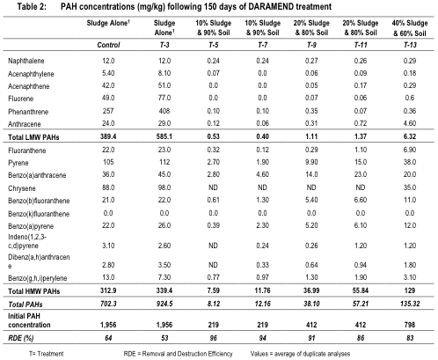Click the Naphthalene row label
(x=26, y=61)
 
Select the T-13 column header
(x=410, y=45)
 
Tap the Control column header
(x=108, y=45)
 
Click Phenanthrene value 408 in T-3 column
(x=164, y=111)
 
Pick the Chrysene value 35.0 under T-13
(x=410, y=187)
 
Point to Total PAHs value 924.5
(x=164, y=304)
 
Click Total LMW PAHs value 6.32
(x=410, y=136)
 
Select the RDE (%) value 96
(x=214, y=338)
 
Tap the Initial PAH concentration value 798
(x=410, y=325)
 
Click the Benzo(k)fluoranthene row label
(x=39, y=214)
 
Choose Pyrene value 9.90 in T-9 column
(x=311, y=162)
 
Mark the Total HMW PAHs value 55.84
(x=361, y=290)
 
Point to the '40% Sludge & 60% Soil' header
(x=410, y=28)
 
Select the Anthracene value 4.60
(x=410, y=123)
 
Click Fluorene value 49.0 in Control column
(x=108, y=98)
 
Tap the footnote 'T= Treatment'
(x=47, y=354)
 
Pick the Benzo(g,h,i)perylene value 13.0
(x=108, y=277)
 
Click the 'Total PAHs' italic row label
(x=26, y=305)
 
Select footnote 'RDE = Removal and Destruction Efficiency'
(x=178, y=354)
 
